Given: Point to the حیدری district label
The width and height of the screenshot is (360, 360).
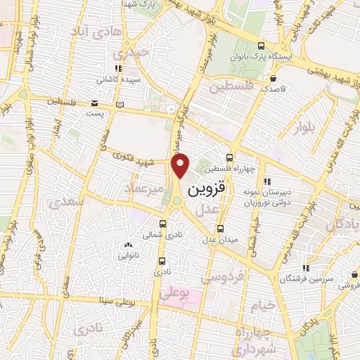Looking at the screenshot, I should (x=134, y=52).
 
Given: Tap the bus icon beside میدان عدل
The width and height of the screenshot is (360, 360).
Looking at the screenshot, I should (x=221, y=228).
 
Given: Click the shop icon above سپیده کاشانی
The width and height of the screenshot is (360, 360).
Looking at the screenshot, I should (x=118, y=68).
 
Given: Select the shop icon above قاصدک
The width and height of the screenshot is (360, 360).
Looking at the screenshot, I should (x=273, y=78).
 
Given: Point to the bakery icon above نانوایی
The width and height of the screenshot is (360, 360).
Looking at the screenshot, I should (x=127, y=245).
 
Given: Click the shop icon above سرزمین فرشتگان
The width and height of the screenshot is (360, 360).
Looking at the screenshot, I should (x=305, y=268).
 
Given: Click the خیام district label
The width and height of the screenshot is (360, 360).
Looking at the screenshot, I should (x=261, y=305).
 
